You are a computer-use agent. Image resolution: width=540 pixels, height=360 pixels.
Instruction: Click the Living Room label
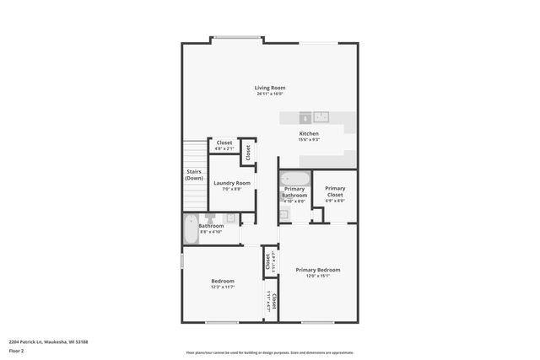(270, 88)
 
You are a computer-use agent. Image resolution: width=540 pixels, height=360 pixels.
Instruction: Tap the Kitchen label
(309, 134)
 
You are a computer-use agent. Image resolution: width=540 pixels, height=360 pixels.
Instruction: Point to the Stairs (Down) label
(194, 175)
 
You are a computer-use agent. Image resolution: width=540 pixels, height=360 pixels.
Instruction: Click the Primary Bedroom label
(317, 270)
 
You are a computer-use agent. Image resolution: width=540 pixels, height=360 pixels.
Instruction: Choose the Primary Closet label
(335, 191)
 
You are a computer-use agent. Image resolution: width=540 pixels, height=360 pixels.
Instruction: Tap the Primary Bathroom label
(294, 192)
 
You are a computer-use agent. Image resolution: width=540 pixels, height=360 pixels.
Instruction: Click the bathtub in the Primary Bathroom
(295, 178)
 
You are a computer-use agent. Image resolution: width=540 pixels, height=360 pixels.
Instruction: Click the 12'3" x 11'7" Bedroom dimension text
(223, 287)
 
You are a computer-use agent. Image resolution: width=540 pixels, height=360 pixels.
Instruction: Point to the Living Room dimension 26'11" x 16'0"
(270, 94)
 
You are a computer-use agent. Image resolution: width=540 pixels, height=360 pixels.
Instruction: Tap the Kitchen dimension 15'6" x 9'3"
(309, 140)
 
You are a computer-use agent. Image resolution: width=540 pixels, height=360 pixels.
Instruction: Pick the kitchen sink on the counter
(323, 118)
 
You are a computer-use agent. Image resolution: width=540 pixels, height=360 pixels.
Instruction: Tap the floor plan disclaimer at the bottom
(269, 352)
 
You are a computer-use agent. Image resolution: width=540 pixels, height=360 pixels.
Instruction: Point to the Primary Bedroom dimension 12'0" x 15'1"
(317, 276)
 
